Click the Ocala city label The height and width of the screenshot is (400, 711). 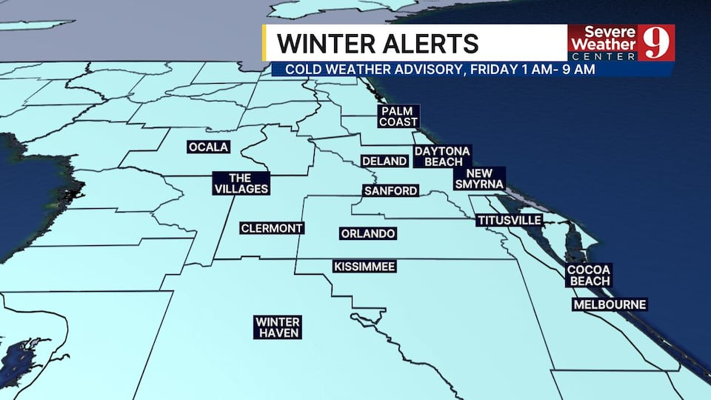pyautogui.click(x=208, y=147)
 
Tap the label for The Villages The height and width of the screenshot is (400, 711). pyautogui.click(x=241, y=183)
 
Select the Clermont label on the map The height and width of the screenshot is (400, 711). pyautogui.click(x=272, y=228)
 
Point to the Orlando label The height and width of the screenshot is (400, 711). pyautogui.click(x=367, y=234)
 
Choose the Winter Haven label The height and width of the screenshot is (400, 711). pyautogui.click(x=278, y=327)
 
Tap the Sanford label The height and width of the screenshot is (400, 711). pyautogui.click(x=390, y=191)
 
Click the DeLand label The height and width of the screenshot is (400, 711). pyautogui.click(x=384, y=161)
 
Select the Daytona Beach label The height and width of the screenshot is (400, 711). pyautogui.click(x=442, y=156)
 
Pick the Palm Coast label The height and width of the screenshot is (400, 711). pyautogui.click(x=398, y=116)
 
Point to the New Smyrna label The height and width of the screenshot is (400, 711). pyautogui.click(x=479, y=178)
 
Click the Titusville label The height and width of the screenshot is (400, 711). pyautogui.click(x=510, y=221)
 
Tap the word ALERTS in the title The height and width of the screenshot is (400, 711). pyautogui.click(x=432, y=43)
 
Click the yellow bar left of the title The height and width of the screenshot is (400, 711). pyautogui.click(x=264, y=42)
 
